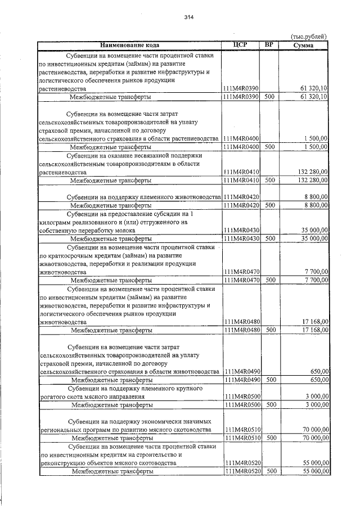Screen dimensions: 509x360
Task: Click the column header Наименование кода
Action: [x=130, y=44]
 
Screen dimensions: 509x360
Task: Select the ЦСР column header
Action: [x=240, y=44]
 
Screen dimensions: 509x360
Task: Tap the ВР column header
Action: [x=269, y=44]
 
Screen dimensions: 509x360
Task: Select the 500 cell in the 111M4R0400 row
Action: [x=269, y=147]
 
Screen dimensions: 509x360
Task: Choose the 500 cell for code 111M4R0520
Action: [x=272, y=471]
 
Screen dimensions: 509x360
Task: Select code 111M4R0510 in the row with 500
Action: [x=241, y=438]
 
